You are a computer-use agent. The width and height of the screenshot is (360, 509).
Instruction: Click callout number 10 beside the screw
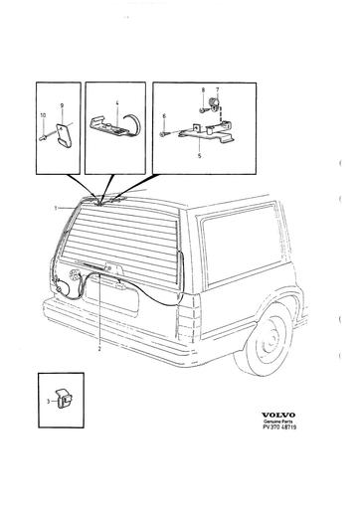43,115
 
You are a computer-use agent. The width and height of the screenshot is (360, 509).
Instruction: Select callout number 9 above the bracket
62,105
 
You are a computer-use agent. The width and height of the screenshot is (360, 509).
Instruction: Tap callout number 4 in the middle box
117,103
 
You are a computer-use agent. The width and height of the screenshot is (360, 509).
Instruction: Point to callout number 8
203,89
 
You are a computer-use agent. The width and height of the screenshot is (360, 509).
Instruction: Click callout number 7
217,89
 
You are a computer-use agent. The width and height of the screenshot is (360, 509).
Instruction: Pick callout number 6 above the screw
164,115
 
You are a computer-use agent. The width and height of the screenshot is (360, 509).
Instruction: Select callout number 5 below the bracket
199,156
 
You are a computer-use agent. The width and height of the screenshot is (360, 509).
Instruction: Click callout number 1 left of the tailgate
56,208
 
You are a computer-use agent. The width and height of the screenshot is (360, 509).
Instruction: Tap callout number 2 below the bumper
99,349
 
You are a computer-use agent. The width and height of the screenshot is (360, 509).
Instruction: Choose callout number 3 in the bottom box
49,402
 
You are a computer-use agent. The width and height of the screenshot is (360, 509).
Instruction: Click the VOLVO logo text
278,415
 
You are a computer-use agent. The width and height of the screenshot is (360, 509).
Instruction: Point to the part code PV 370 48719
279,427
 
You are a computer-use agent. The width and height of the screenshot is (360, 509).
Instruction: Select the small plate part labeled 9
63,133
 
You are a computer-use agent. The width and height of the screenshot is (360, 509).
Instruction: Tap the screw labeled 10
43,136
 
